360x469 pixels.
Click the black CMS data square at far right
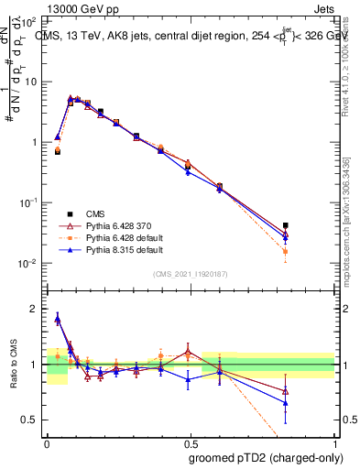coord(286,225)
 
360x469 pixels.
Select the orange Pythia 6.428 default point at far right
coord(286,251)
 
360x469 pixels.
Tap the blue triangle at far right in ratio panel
coord(286,402)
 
